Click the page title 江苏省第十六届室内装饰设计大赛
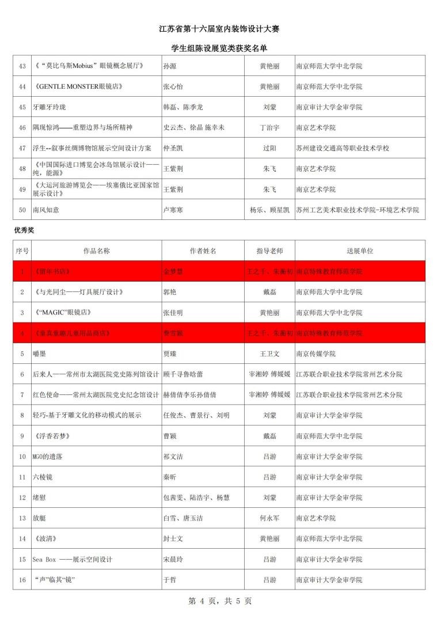220,29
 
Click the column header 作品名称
96,251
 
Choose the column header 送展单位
360,251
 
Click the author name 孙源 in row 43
170,66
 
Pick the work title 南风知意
46,210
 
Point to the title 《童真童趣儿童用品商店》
72,333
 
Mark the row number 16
22,580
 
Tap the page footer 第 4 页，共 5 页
220,601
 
